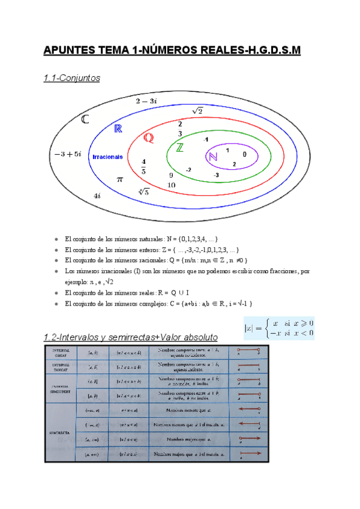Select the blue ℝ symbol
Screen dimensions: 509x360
tap(118, 129)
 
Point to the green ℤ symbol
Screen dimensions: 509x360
tap(179, 148)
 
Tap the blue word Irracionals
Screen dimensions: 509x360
tap(108, 157)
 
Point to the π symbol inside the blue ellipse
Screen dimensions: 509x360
tap(119, 179)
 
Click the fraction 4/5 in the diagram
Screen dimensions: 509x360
tap(143, 166)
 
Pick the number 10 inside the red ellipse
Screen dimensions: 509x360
tap(172, 185)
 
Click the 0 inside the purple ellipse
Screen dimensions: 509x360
tap(245, 154)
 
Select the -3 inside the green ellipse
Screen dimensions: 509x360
tap(216, 175)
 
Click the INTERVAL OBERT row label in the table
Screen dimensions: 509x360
tap(62, 351)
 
